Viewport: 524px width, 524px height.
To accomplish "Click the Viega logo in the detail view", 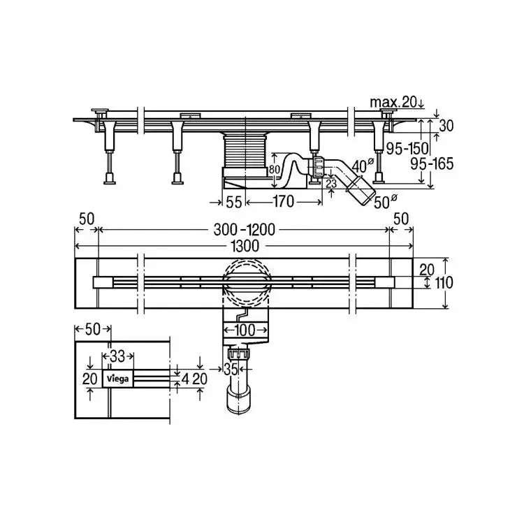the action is point(117,379).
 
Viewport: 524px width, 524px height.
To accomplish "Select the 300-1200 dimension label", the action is point(244,230).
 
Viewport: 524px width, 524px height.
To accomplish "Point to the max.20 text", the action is point(393,102).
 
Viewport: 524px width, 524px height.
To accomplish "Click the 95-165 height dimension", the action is point(432,163).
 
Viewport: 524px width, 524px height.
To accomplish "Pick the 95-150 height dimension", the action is point(407,148).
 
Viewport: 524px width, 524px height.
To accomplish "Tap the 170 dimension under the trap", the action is point(284,201).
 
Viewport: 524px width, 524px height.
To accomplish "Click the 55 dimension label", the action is point(233,202).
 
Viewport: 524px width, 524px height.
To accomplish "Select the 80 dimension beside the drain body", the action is point(275,170).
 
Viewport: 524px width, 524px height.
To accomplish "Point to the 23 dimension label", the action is point(331,184).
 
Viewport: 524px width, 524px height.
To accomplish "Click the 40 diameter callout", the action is point(362,166).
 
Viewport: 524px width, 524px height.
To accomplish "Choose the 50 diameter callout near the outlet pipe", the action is point(385,201).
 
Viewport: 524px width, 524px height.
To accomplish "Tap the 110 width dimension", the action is point(444,283).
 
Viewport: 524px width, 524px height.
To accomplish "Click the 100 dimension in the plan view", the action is point(245,330).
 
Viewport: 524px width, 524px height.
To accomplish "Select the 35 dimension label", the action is point(231,370).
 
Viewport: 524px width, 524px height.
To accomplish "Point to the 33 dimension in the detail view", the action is point(117,356).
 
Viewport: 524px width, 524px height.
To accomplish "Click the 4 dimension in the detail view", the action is point(186,379).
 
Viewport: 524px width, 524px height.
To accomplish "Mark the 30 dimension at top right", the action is point(446,126).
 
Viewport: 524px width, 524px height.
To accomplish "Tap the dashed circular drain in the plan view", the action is point(245,283).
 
